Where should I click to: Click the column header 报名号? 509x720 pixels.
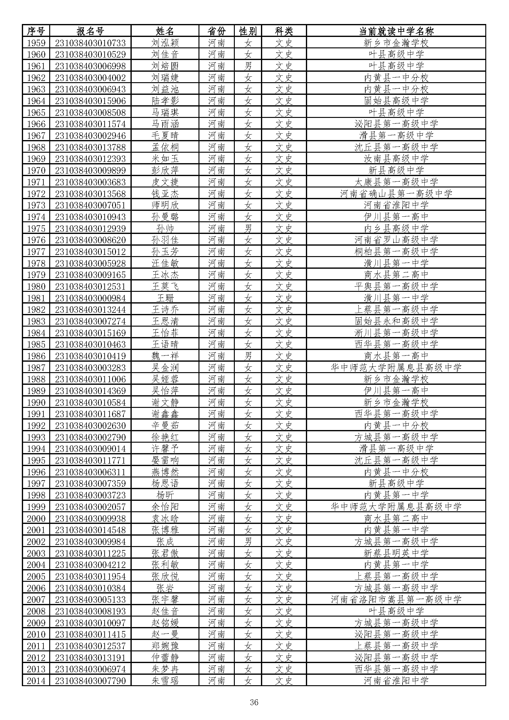pos(90,31)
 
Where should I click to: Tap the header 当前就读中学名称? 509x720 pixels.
pos(396,31)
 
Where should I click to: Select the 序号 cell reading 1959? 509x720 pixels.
pos(36,43)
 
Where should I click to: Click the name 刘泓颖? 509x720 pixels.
pos(165,43)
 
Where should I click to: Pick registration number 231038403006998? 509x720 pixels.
pos(90,66)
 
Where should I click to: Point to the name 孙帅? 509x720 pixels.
pos(165,228)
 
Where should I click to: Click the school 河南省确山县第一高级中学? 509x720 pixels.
pos(396,194)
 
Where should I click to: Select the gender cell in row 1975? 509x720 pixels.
pos(248,228)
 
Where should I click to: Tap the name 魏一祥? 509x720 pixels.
pos(165,356)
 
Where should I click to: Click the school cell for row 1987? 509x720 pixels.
pos(396,368)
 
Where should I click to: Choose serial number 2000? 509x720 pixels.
pos(36,518)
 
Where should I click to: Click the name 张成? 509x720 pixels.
pos(165,541)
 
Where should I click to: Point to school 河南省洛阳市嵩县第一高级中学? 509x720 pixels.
pos(396,600)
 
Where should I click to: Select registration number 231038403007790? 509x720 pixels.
pos(90,681)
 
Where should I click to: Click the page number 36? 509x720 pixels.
pos(254,702)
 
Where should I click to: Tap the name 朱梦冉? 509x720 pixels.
pos(165,669)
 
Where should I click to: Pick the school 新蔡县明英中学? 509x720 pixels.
pos(396,553)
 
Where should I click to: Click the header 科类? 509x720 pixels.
pos(284,31)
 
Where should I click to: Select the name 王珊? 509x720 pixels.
pos(165,298)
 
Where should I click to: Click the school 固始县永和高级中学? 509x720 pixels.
pos(396,321)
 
